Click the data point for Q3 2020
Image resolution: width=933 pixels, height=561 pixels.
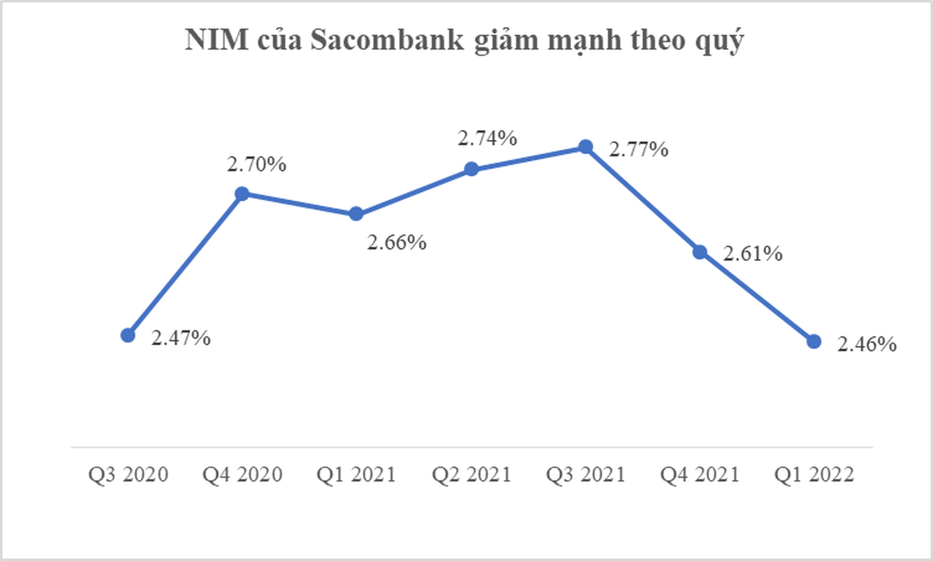coord(128,335)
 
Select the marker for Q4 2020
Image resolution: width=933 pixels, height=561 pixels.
coord(242,194)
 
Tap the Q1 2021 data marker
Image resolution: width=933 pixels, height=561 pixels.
coord(356,214)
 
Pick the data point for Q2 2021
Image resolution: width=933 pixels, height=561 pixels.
coord(471,170)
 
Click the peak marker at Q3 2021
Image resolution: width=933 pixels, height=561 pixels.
coord(585,147)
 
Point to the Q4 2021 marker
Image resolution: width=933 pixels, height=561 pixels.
coord(700,253)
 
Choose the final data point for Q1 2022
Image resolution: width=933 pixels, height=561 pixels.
coord(814,342)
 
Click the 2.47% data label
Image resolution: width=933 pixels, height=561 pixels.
coord(181,338)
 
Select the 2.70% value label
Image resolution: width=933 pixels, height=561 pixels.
coord(257,165)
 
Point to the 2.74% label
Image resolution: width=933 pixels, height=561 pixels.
coord(487,139)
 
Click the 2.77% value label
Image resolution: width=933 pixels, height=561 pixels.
coord(639,150)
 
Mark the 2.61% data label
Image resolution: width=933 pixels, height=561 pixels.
coord(753,254)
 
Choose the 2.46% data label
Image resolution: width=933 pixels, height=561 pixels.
coord(867,345)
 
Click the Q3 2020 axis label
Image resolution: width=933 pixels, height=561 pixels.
coord(128,475)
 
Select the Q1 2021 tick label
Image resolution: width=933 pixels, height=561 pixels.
coord(356,475)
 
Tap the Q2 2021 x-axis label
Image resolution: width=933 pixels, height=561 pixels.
coord(471,475)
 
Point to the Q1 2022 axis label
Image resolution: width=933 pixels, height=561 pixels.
coord(814,475)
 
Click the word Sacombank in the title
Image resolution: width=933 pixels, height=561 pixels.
coord(387,40)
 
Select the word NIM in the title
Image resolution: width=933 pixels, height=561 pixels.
coord(217,40)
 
